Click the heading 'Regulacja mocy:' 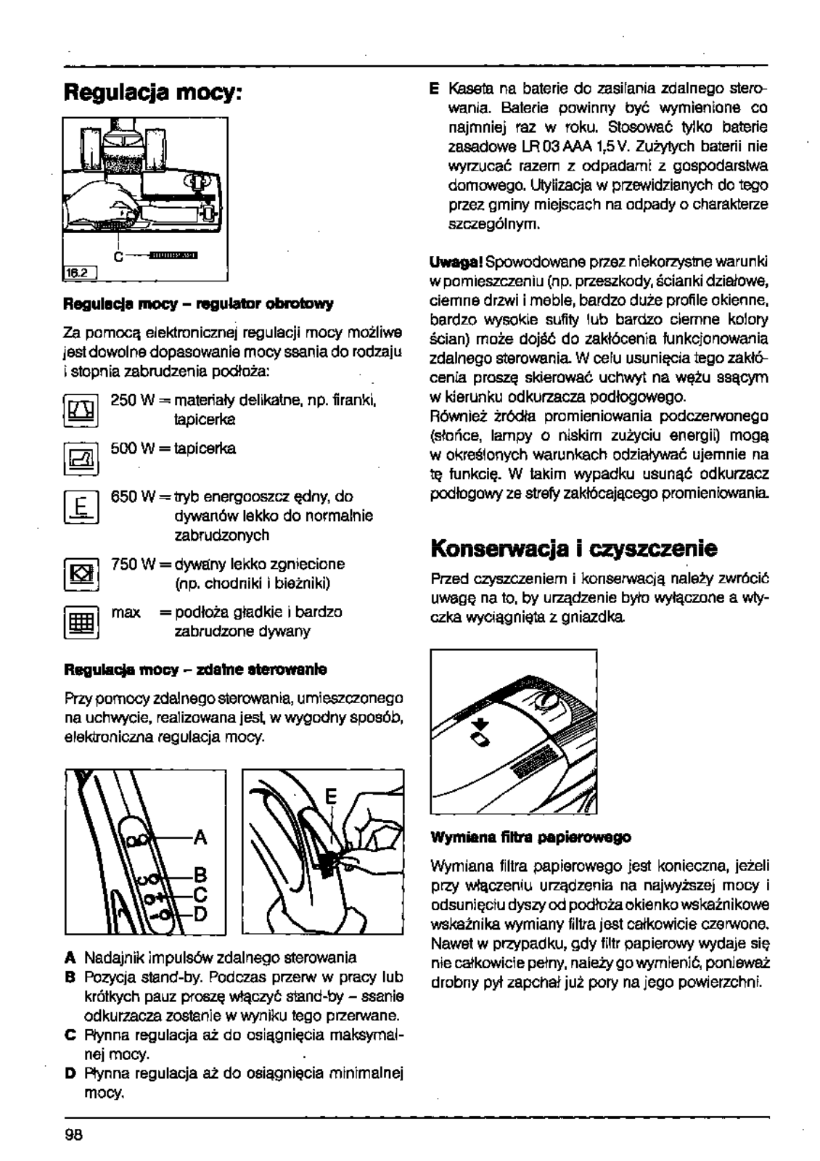[x=153, y=92]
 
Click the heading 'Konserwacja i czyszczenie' [x=573, y=548]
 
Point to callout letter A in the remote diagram [x=200, y=838]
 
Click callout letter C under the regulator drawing [x=117, y=256]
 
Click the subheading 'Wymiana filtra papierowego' [x=530, y=837]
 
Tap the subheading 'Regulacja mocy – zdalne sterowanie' [x=195, y=668]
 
